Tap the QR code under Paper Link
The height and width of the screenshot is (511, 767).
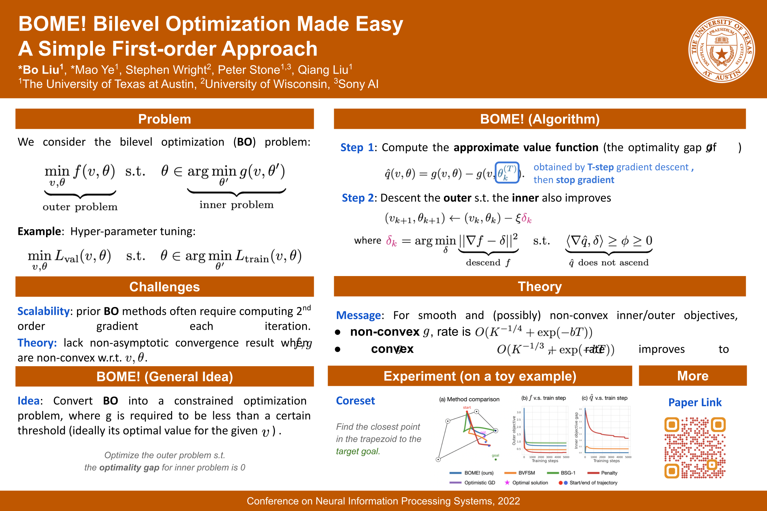point(695,448)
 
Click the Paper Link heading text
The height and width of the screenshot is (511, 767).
point(695,402)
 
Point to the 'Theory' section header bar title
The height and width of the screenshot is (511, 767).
point(539,286)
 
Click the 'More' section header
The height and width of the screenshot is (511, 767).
point(693,376)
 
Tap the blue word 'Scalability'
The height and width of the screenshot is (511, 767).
point(43,311)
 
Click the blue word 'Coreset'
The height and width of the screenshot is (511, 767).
point(355,401)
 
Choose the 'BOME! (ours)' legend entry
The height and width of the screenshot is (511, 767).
point(472,473)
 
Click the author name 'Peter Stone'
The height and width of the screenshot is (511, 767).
point(249,70)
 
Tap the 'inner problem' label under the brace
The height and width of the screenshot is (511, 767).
point(236,205)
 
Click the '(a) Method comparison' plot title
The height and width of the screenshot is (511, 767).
point(469,399)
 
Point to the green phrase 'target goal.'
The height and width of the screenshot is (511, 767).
point(358,451)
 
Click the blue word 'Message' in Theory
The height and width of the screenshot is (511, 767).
point(358,315)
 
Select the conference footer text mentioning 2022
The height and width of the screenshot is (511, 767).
point(383,501)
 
